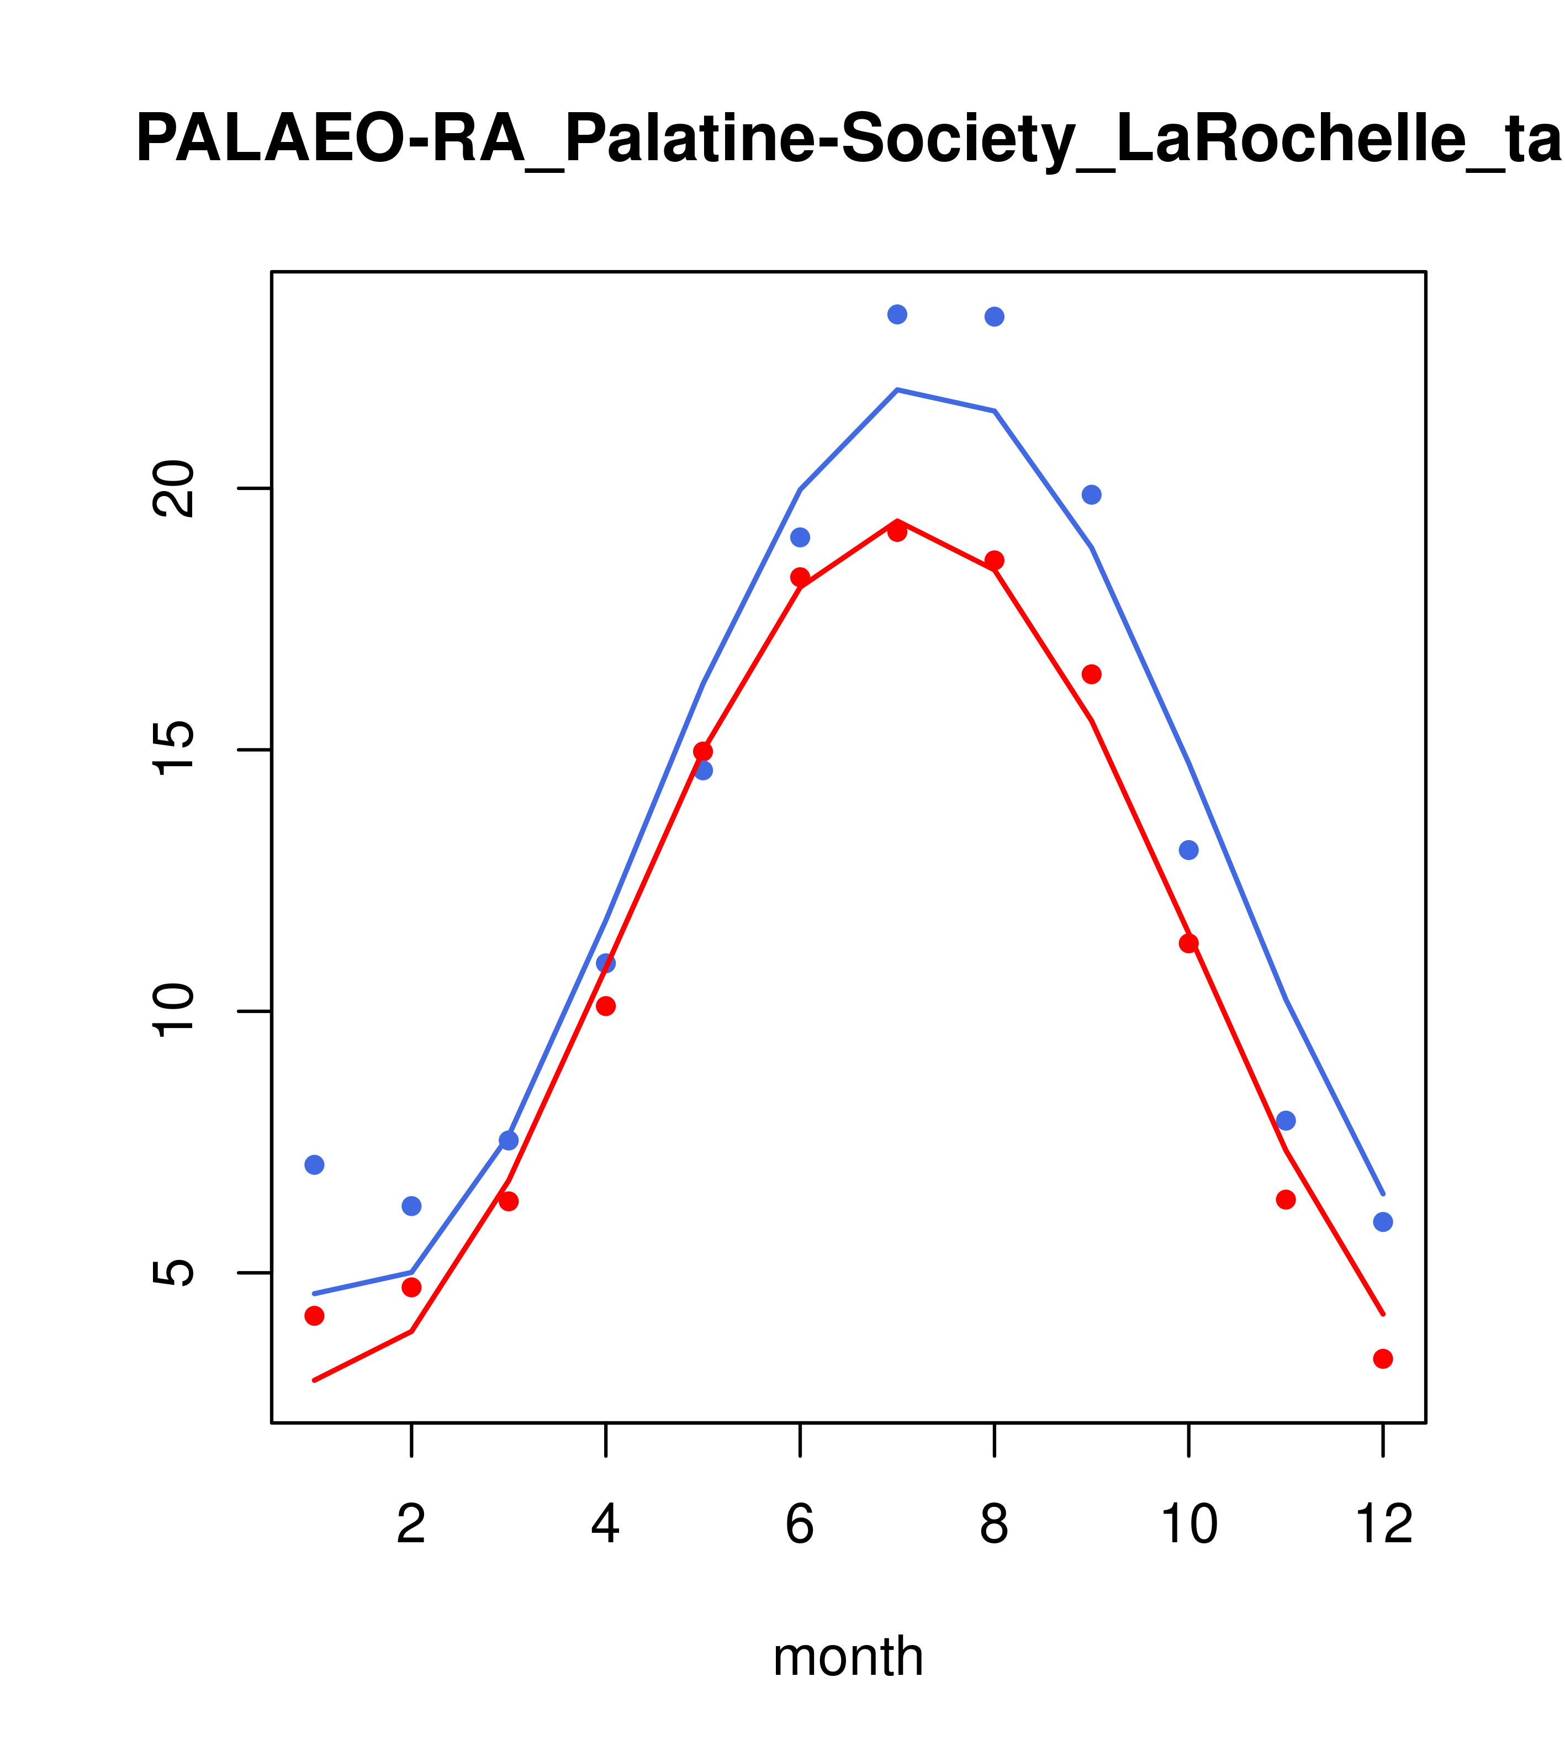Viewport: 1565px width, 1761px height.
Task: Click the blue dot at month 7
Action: pos(897,314)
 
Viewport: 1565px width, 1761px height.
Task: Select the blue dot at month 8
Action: pos(994,317)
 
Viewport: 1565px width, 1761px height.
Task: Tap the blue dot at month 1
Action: pos(314,1165)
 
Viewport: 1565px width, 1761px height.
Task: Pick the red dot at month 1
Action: pos(314,1316)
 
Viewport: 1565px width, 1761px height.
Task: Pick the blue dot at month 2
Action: pos(412,1206)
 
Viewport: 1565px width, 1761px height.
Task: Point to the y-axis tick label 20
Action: pos(175,488)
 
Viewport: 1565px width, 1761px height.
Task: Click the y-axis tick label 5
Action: pos(175,1273)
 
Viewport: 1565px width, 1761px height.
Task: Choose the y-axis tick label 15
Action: pos(175,750)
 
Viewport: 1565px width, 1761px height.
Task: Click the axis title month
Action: pos(848,1657)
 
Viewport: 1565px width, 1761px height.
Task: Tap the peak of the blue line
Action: pos(897,391)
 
